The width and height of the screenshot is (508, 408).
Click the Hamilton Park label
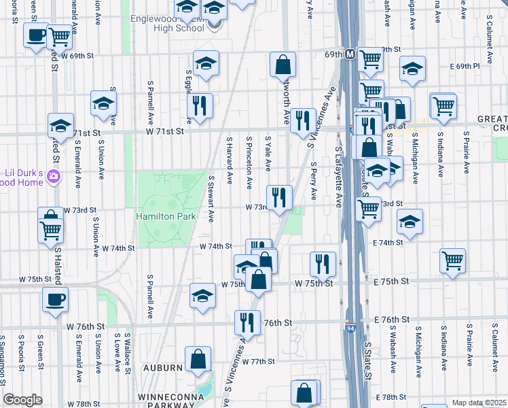tap(166, 216)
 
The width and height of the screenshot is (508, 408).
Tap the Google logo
tap(22, 400)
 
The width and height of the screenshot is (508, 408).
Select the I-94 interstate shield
tap(350, 328)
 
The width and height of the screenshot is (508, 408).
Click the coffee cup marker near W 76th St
tap(55, 299)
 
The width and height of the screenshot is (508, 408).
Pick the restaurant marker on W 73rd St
tap(279, 197)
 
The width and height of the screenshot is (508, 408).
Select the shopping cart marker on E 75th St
tap(452, 260)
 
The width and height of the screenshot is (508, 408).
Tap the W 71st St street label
tap(162, 133)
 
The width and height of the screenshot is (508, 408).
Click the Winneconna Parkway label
tap(168, 396)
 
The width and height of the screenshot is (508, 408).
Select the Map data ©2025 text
tap(479, 403)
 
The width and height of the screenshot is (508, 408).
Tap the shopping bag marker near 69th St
tap(283, 65)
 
